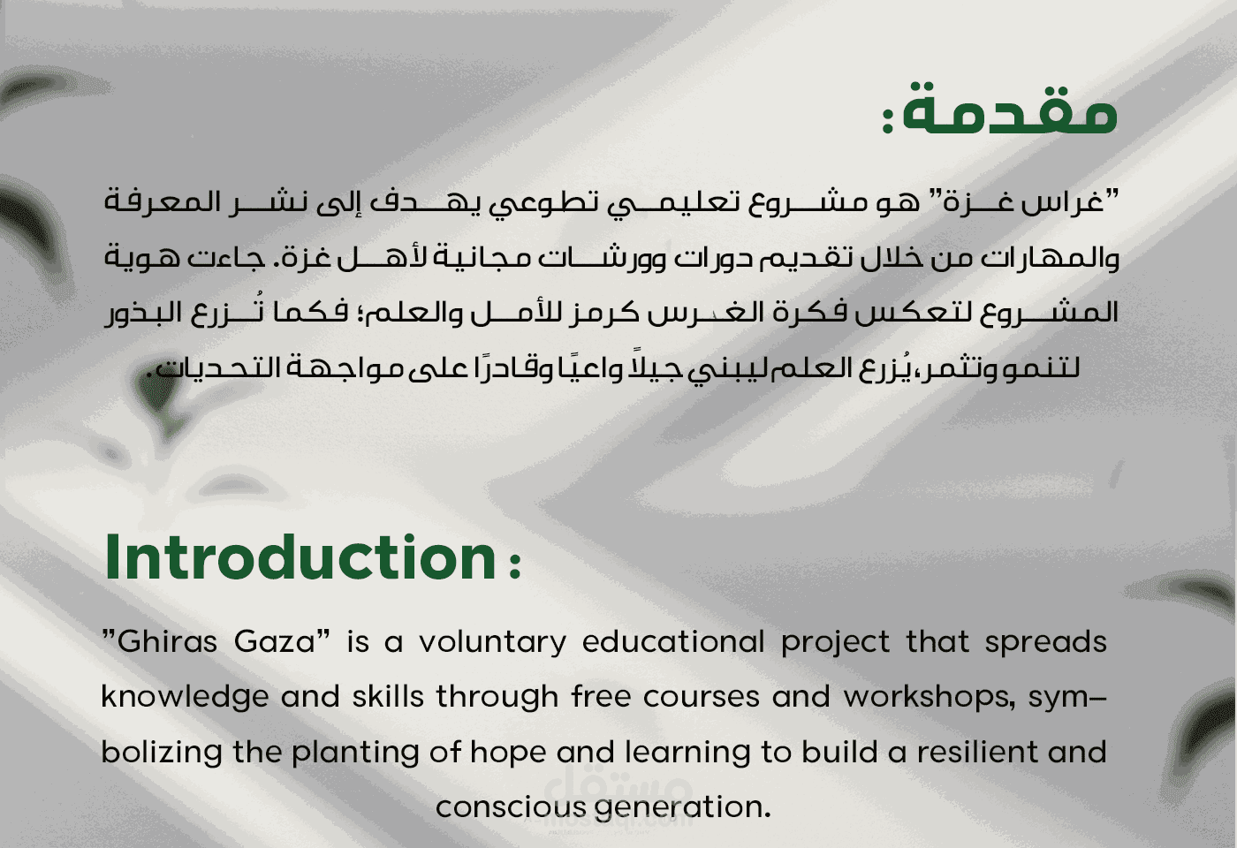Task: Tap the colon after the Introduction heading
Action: coord(515,565)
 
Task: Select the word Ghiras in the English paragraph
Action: coord(166,642)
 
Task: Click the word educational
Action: coord(673,641)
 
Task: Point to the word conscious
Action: coord(509,807)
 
